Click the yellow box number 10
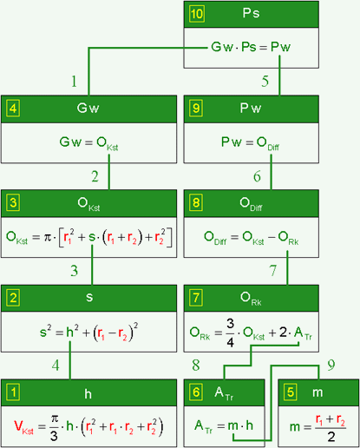(197, 14)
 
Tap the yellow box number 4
(13, 109)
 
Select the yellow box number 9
(196, 109)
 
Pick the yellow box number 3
(13, 202)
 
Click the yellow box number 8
(196, 202)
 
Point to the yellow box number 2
(13, 298)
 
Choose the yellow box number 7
(196, 298)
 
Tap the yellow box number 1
(13, 392)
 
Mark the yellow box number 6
(196, 392)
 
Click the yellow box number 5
(291, 392)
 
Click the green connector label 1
(74, 82)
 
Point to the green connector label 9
(331, 365)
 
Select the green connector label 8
(196, 366)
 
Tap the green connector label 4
(56, 366)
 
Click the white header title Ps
(251, 13)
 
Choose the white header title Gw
(88, 108)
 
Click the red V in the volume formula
(18, 425)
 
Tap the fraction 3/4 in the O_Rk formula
(230, 333)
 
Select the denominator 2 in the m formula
(331, 437)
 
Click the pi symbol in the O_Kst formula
(47, 237)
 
